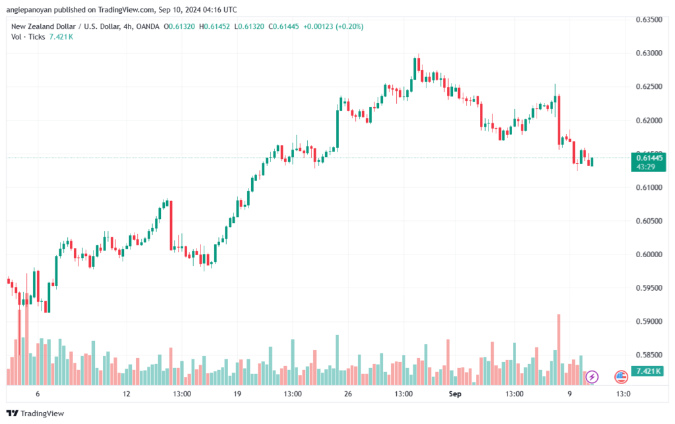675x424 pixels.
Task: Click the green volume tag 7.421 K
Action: pos(649,371)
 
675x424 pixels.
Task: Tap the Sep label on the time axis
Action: pos(454,394)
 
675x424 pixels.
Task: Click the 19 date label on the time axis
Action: pos(237,394)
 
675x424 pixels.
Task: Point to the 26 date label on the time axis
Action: pos(348,394)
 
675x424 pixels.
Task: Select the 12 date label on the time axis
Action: pos(127,394)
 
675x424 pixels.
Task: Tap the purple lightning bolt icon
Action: pos(592,377)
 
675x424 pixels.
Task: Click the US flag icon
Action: pos(620,377)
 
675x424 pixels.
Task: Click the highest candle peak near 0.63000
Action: pos(418,56)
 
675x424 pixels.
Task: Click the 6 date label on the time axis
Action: pos(38,394)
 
